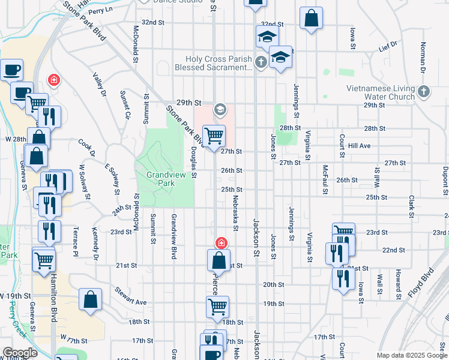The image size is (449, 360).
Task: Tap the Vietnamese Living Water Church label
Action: point(381,92)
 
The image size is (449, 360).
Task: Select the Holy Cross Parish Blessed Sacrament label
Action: point(213,63)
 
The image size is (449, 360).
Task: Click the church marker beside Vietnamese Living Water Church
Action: point(424,92)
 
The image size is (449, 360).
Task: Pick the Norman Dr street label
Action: point(423,57)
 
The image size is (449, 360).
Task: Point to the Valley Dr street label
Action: point(99,85)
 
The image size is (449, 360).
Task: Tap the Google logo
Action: point(20,353)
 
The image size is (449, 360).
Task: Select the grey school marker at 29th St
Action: point(220,109)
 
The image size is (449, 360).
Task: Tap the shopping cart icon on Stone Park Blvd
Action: point(214,136)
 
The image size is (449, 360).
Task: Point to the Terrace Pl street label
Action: point(76,238)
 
